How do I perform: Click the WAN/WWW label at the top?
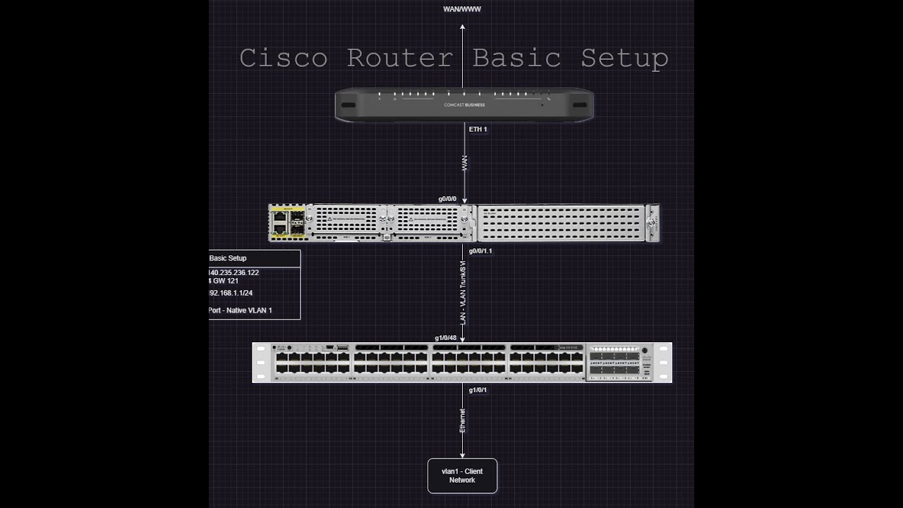click(x=462, y=9)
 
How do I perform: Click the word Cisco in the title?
click(x=283, y=58)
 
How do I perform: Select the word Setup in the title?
click(x=624, y=58)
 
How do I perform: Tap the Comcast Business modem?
click(x=463, y=105)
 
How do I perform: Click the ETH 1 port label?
click(x=478, y=130)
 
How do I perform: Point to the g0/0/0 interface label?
click(x=447, y=199)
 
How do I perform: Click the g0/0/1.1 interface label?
click(x=480, y=251)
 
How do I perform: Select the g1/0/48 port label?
click(x=445, y=338)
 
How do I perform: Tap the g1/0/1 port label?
click(x=478, y=390)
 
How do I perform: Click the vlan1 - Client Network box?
click(x=462, y=476)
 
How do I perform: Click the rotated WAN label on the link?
click(x=463, y=163)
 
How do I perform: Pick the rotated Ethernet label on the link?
click(x=463, y=421)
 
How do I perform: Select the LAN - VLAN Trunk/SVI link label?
click(x=463, y=293)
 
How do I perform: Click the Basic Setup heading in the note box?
click(x=228, y=258)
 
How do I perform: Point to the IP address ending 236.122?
click(x=234, y=272)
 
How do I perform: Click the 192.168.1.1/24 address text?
click(x=231, y=293)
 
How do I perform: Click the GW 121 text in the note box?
click(x=225, y=281)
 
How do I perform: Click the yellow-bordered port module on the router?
click(x=288, y=223)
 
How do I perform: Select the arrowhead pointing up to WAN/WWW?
click(x=463, y=27)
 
